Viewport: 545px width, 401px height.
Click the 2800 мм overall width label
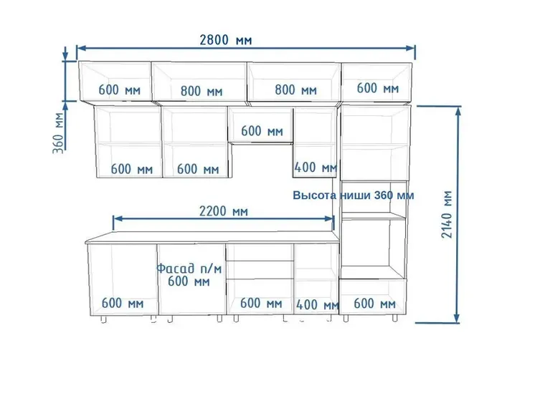(x=226, y=40)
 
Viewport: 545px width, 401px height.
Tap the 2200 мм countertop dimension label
(x=224, y=211)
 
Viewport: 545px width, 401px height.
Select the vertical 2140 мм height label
(x=447, y=214)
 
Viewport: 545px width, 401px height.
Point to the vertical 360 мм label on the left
(x=58, y=132)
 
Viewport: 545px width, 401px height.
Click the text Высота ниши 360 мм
(x=353, y=195)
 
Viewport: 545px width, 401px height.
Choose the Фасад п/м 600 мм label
(x=189, y=275)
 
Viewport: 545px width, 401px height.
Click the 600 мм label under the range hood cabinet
(x=262, y=131)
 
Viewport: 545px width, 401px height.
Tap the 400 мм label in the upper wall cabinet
(x=316, y=168)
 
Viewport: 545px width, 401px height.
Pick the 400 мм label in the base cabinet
(x=318, y=305)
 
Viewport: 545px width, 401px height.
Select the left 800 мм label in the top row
(x=202, y=92)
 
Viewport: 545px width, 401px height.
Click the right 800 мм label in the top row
(x=295, y=90)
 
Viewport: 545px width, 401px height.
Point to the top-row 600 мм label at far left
(x=120, y=90)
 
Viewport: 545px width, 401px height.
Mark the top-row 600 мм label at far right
(x=378, y=88)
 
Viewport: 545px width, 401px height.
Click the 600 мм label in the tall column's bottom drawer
(x=374, y=304)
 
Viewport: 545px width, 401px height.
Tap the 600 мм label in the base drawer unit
(x=261, y=303)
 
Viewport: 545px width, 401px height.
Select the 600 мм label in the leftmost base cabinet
(x=123, y=303)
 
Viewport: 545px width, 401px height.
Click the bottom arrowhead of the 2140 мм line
(x=458, y=318)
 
